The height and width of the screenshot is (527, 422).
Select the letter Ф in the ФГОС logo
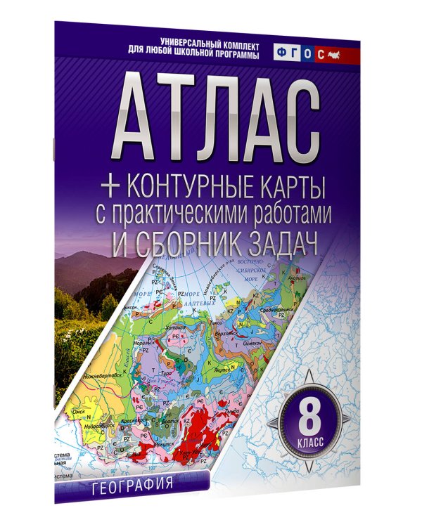pyautogui.click(x=282, y=53)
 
